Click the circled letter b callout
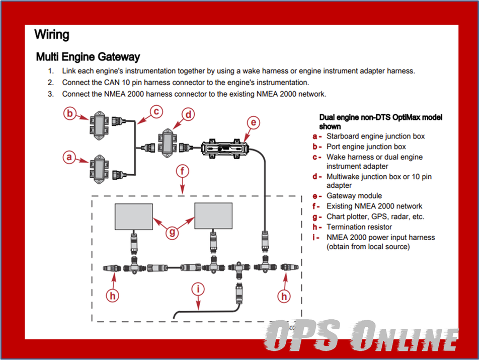(70, 114)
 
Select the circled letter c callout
(157, 112)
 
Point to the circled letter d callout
(188, 115)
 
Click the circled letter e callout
(253, 122)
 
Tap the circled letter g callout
(173, 232)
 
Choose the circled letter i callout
(199, 289)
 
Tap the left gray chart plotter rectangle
(134, 217)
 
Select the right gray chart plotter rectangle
(213, 216)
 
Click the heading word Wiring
(52, 35)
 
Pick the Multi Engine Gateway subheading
(88, 57)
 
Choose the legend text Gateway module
(354, 195)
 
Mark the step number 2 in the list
(50, 82)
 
